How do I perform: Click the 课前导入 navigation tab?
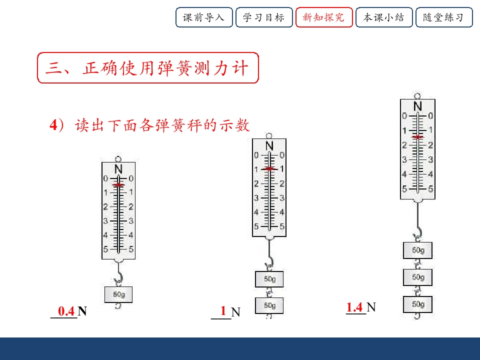click(204, 17)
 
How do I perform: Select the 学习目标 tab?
click(263, 17)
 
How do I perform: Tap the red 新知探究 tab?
click(323, 17)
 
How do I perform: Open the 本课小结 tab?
click(383, 17)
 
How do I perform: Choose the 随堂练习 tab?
click(443, 17)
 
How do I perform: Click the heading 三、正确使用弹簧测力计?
click(148, 67)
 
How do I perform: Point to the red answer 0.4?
click(66, 311)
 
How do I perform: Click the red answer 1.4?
click(354, 307)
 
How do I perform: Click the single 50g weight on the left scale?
click(118, 294)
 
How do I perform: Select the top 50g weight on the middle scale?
click(269, 278)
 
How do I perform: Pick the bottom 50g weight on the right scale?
click(417, 304)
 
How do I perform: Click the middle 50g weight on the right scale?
click(417, 276)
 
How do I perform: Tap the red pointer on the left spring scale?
click(118, 185)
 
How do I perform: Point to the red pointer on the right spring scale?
click(417, 136)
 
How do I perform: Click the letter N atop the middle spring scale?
click(269, 146)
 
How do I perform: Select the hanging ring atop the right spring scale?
click(417, 94)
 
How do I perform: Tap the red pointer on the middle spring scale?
click(269, 168)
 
